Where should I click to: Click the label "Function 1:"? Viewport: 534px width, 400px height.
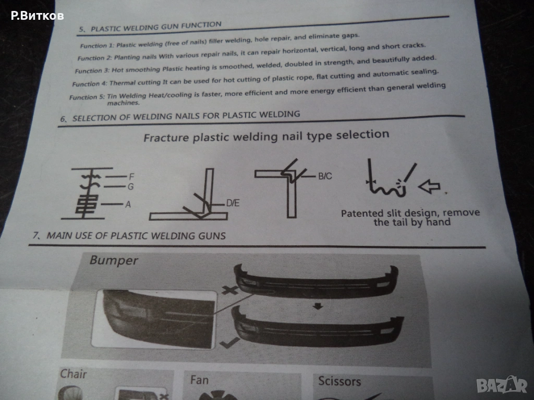coord(97,45)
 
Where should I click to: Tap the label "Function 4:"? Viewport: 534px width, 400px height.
coord(90,84)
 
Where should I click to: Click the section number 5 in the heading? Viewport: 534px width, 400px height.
coord(81,29)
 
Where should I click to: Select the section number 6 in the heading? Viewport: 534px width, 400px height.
coord(63,119)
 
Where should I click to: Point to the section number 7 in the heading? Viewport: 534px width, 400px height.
coord(35,235)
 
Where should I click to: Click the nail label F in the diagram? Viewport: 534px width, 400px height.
coord(131,177)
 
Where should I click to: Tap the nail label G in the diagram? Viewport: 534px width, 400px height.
coord(131,187)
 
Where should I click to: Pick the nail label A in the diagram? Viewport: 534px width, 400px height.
coord(128,204)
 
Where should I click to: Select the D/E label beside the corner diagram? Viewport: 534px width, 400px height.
coord(233,203)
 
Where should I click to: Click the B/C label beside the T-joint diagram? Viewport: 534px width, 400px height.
coord(325,176)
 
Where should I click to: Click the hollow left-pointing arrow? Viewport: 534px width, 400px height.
coord(429,186)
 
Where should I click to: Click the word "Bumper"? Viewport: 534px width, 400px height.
coord(114,260)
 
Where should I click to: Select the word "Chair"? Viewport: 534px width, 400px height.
coord(73,374)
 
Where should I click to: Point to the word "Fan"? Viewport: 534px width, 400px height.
coord(199,380)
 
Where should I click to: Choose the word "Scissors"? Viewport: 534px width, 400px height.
coord(339,381)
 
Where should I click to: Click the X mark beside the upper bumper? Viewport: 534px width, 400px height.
coord(230,290)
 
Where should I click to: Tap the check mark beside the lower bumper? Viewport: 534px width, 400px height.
coord(229,343)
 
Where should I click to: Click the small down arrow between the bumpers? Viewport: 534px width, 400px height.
coord(318,306)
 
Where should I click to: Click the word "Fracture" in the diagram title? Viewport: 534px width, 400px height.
coord(166,137)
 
